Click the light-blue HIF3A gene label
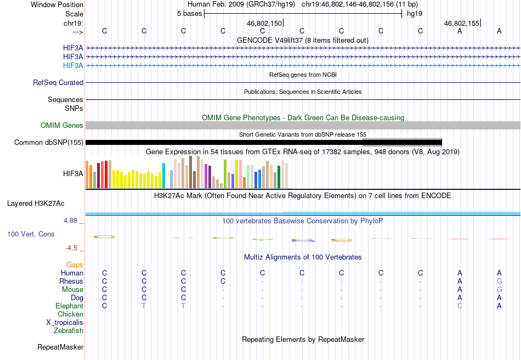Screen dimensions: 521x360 (73, 65)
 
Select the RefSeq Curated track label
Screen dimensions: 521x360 (58, 82)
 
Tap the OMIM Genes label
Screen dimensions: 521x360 (62, 125)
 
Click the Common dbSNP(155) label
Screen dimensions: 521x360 (49, 142)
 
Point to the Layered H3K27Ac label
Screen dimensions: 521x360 (36, 204)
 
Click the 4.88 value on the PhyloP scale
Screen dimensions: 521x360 (70, 221)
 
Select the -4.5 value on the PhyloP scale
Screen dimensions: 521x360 (71, 248)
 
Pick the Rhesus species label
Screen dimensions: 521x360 (71, 281)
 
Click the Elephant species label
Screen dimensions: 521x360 (70, 306)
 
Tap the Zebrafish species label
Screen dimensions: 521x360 (69, 330)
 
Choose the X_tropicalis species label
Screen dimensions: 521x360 (65, 323)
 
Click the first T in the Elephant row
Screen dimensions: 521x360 (144, 306)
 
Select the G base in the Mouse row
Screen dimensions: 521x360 (499, 290)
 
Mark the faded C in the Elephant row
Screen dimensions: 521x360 (460, 306)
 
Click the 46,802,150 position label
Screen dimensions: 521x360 (264, 23)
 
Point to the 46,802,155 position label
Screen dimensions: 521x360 (462, 23)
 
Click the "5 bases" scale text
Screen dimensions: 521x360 (189, 14)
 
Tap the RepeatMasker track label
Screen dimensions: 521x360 (60, 347)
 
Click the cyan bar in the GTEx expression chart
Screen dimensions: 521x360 (163, 176)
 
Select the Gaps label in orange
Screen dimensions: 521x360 (75, 265)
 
